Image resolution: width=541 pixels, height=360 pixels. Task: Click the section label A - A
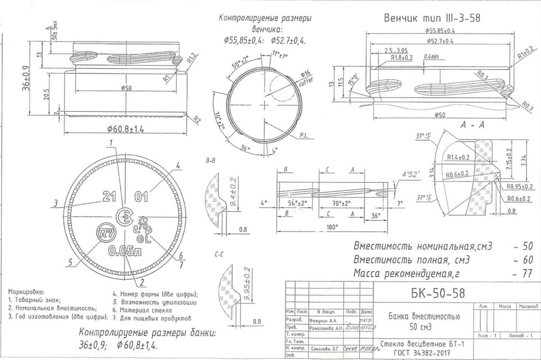(472, 126)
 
